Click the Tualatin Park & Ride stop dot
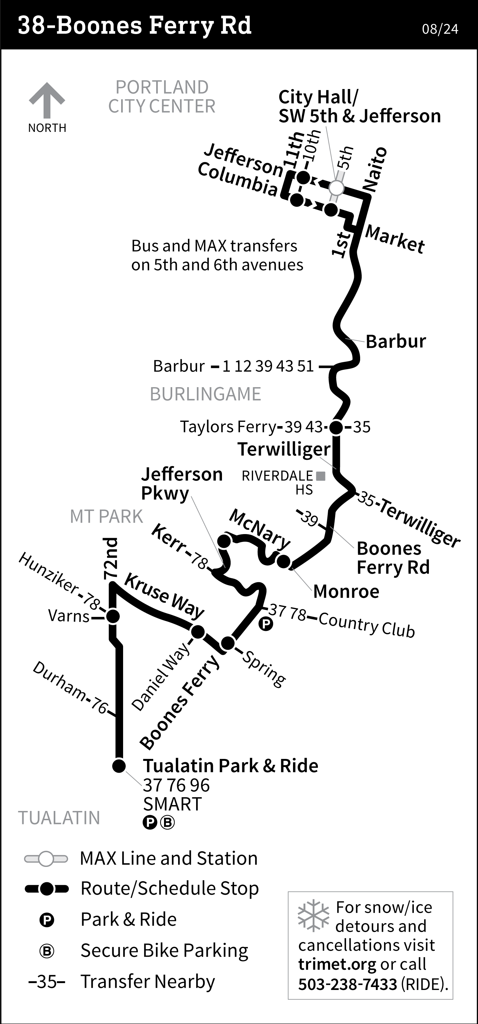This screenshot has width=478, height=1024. coord(119,765)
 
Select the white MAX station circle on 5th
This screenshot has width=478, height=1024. coord(337,188)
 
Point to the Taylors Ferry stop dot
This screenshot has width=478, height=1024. coord(336,427)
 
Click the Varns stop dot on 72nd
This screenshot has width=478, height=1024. coord(113,617)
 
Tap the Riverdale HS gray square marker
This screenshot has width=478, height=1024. coord(321,476)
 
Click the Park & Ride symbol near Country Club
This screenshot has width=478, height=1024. coord(266,624)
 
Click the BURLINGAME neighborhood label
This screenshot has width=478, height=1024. coord(205,394)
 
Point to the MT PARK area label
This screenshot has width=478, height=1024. coord(106,516)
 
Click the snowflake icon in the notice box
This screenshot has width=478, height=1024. coord(313,915)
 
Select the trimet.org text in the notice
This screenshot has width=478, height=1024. coord(337,964)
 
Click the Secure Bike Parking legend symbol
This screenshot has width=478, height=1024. coord(46,951)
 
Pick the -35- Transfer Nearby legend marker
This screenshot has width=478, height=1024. coord(46,981)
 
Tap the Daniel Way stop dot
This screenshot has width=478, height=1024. coord(198,631)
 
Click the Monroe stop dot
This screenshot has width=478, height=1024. coord(284,561)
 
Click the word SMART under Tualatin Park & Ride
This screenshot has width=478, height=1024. coord(172,804)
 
